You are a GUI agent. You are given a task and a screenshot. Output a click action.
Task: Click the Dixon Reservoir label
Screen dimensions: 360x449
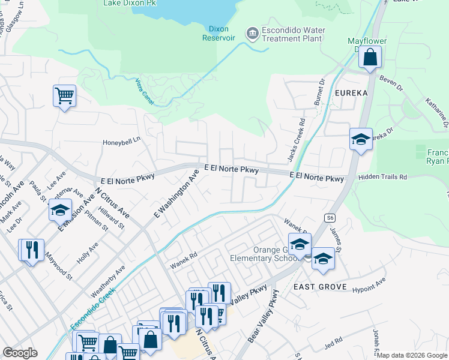click(221, 33)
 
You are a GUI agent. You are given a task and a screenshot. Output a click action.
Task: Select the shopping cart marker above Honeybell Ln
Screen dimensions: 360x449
click(64, 96)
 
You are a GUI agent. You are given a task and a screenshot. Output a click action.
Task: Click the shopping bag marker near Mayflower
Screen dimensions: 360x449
click(370, 58)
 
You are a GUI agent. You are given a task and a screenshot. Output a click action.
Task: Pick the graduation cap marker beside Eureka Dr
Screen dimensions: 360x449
click(361, 140)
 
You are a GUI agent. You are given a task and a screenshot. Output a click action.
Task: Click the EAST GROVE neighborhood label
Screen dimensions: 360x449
click(320, 287)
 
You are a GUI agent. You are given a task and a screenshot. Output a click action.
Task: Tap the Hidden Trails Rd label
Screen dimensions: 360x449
click(382, 178)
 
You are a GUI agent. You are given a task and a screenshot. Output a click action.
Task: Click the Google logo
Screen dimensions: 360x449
click(20, 352)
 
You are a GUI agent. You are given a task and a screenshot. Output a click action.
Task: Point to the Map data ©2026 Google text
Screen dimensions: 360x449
click(412, 355)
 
